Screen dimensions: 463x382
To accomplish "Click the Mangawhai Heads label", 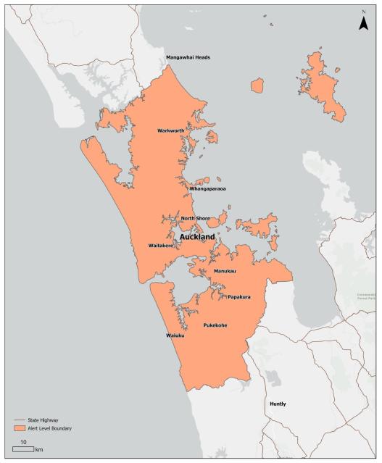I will [x=188, y=57].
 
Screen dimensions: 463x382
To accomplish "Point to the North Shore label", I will [x=196, y=218].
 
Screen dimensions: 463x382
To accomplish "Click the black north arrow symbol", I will [x=364, y=24].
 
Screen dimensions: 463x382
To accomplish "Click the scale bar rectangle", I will [x=23, y=449].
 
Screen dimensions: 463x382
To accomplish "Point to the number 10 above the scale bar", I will [x=23, y=441].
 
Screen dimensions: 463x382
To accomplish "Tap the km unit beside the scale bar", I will [x=40, y=450].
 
